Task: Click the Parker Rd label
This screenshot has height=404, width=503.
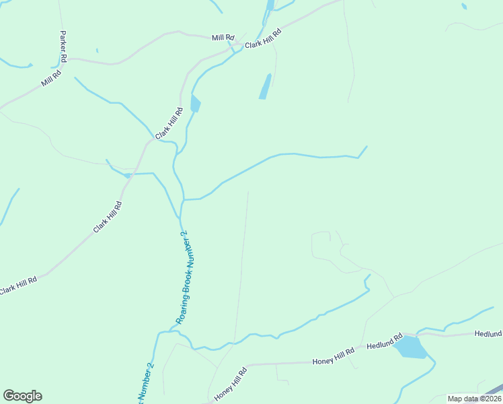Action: (63, 46)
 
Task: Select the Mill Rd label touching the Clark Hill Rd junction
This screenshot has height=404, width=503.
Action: (222, 38)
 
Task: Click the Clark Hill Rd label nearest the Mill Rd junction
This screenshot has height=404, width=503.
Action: (262, 39)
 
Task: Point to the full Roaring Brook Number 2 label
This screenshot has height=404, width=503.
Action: (182, 277)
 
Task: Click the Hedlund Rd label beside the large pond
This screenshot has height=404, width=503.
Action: (384, 341)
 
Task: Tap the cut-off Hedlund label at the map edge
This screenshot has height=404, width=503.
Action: (488, 333)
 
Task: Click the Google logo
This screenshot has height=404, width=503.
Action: (22, 396)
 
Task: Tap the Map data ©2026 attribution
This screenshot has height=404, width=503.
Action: (474, 399)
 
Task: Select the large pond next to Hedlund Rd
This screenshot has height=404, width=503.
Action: (410, 348)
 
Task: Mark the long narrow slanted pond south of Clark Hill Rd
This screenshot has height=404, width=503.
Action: (265, 86)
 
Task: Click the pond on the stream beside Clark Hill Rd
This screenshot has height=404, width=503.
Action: (195, 104)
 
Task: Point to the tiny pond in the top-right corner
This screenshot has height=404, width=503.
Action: (464, 7)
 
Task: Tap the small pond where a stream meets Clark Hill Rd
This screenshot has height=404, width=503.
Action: (126, 176)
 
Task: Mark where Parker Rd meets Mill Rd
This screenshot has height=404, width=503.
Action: (65, 59)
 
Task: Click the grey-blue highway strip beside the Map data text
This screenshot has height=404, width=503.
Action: (494, 389)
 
